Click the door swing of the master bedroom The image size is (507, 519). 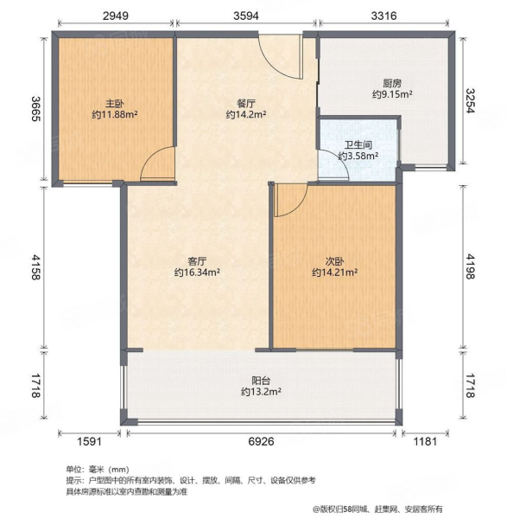pyautogui.click(x=157, y=164)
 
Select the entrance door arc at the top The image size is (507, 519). pyautogui.click(x=281, y=55)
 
